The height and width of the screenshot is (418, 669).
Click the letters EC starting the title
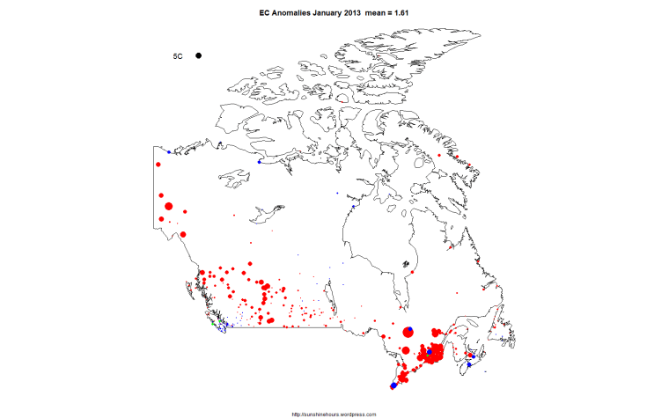(x=254, y=11)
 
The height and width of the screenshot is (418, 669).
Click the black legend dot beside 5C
(x=199, y=55)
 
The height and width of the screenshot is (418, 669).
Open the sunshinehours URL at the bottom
(x=334, y=414)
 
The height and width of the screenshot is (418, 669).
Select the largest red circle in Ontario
(x=408, y=333)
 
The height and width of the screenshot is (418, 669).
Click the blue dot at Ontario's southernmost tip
(x=393, y=385)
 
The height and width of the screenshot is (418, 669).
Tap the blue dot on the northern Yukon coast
(x=169, y=151)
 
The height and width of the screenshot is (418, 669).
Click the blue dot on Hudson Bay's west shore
(x=354, y=207)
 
